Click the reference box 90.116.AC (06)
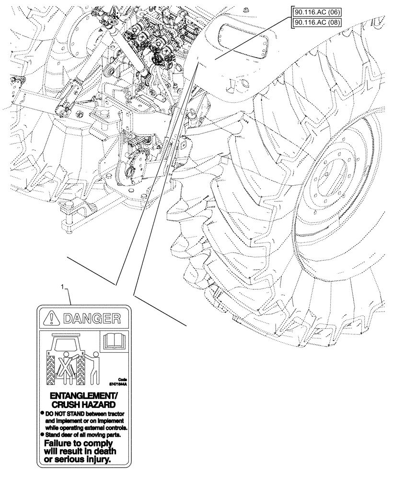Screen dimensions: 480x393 tap(316, 12)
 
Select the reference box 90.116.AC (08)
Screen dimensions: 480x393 tap(316, 22)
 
